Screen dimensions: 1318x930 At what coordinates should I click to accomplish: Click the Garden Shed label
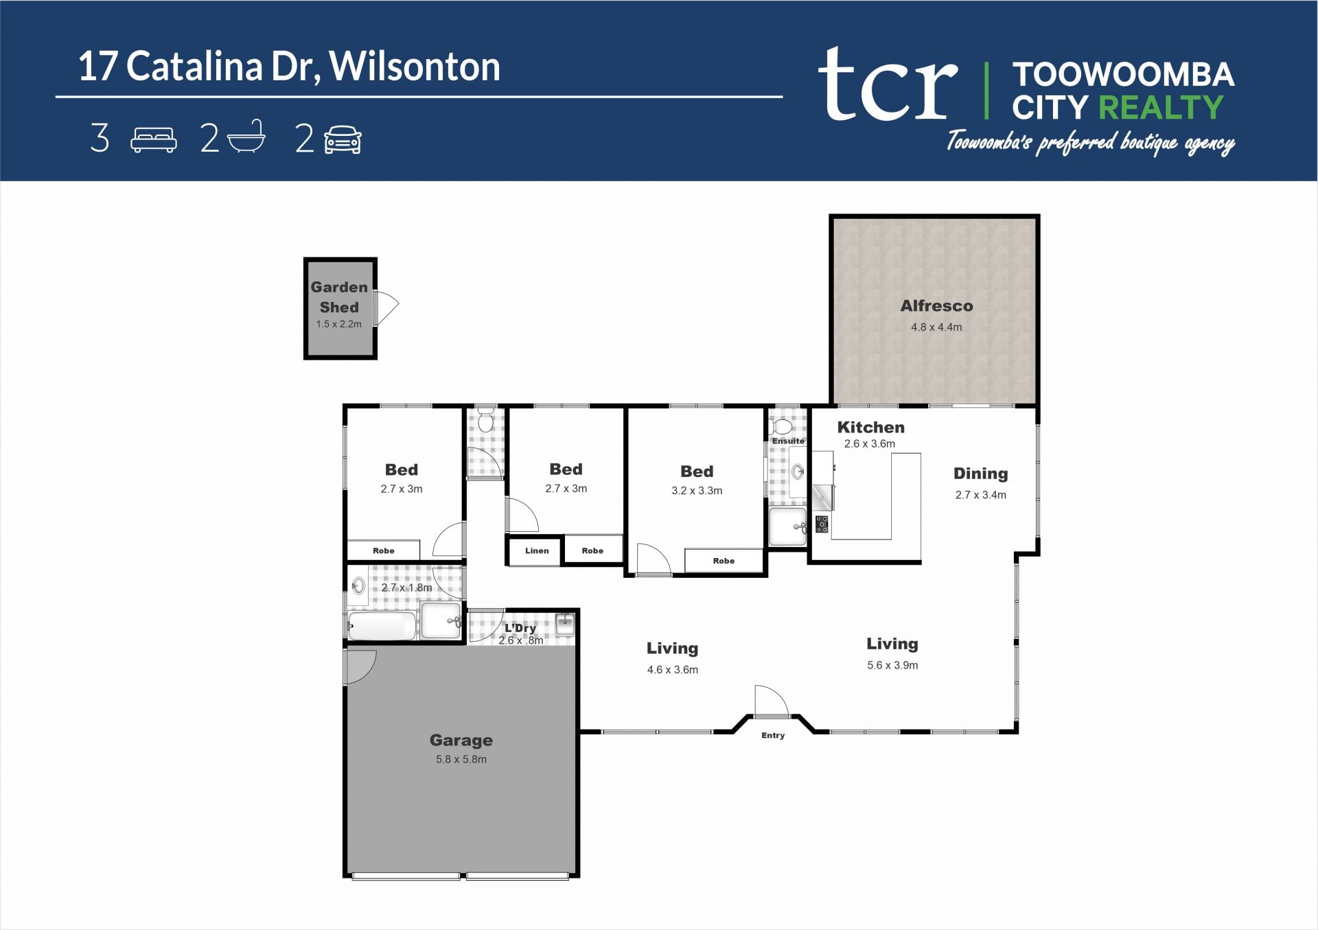coord(339,297)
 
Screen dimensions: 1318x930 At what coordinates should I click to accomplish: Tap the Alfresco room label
coord(936,306)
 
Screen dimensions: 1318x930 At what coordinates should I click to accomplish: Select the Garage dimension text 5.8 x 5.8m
coord(461,759)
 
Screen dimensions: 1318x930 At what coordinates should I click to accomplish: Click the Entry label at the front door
coord(773,735)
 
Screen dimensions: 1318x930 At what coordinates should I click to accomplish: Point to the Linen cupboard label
coord(537,550)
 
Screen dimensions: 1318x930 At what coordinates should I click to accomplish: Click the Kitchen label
coord(870,427)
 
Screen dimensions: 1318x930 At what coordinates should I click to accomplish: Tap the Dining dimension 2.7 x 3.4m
coord(980,495)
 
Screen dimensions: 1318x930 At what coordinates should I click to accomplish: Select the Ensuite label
coord(788,441)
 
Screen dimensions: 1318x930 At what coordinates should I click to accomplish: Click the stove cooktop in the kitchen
coord(822,524)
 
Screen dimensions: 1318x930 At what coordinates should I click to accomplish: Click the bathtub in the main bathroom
coord(382,626)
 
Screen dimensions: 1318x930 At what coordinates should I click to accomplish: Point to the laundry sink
coord(564,624)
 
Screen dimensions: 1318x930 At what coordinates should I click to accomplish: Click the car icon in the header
coord(343,139)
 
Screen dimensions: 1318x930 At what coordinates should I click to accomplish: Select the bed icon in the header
coord(154,139)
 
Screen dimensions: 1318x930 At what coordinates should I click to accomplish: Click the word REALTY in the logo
coord(1161,108)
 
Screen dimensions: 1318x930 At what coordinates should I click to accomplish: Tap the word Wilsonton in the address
coord(415,67)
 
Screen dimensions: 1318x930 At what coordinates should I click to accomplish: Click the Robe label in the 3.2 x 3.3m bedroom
coord(724,561)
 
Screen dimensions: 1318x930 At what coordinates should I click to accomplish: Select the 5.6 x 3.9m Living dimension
coord(892,665)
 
